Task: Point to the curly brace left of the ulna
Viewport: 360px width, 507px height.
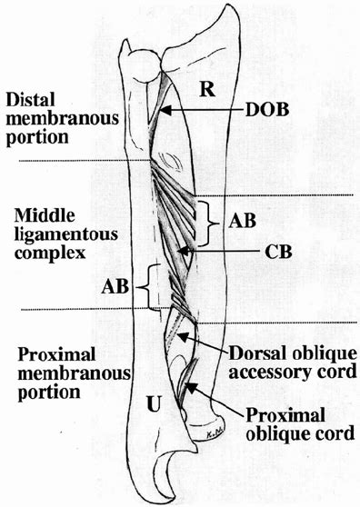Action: coord(145,289)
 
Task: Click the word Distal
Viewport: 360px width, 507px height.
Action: coord(28,98)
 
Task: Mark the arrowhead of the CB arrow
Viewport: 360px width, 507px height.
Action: coord(182,250)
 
